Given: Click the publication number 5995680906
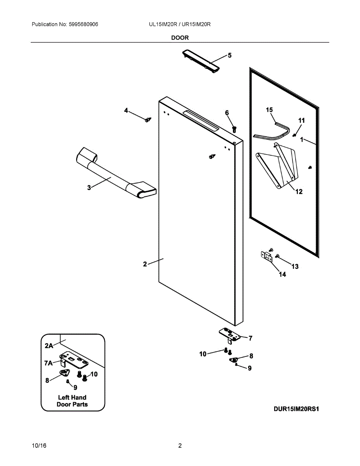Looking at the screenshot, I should [x=83, y=24].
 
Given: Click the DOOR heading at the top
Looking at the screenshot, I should [x=180, y=38].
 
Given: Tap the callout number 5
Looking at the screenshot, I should [x=230, y=56].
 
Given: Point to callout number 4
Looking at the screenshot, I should [x=126, y=111].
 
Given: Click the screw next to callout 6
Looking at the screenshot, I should [x=234, y=129].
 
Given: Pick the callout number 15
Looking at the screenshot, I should [x=270, y=110].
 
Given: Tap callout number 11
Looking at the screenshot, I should [x=301, y=120].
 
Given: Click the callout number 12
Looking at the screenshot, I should [x=299, y=191].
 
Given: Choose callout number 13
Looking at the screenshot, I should [x=295, y=266].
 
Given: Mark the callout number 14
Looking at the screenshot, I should [x=282, y=275].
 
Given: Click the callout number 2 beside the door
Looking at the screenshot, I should [x=145, y=264].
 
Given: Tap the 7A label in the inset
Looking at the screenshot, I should [x=48, y=363].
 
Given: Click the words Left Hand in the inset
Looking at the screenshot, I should [x=72, y=397].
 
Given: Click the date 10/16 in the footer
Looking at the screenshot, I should [x=39, y=446].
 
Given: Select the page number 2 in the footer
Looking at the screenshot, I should [x=180, y=446].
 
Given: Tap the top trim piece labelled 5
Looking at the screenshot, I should [x=201, y=61].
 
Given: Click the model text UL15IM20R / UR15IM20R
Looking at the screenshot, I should [x=179, y=24].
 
